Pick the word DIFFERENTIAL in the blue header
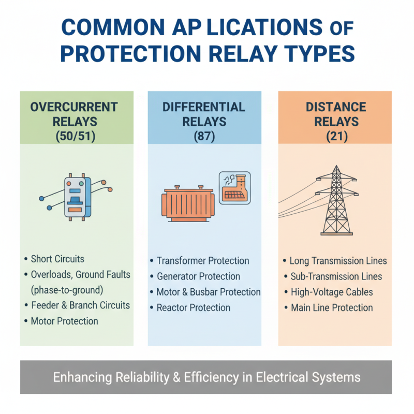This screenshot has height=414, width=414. tap(203, 108)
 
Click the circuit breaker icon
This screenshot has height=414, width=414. tap(77, 197)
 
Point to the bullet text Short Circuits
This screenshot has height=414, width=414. tap(57, 259)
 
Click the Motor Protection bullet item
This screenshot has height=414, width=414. tap(64, 321)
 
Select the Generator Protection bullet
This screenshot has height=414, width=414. tap(198, 276)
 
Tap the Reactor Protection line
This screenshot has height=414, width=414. tap(193, 307)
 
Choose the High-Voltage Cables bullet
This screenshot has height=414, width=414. tap(331, 292)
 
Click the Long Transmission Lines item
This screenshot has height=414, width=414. tap(338, 261)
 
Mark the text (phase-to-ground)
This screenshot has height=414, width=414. tap(67, 289)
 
